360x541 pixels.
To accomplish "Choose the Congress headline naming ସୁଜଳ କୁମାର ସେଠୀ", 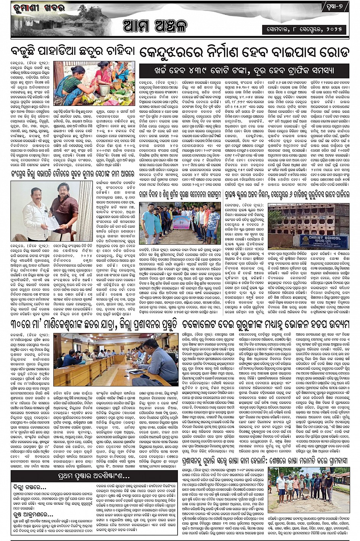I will [72, 173].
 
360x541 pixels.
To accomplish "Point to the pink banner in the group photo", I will [181, 222].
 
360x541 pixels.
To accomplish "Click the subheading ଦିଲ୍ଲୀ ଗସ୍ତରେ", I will [29, 487].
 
